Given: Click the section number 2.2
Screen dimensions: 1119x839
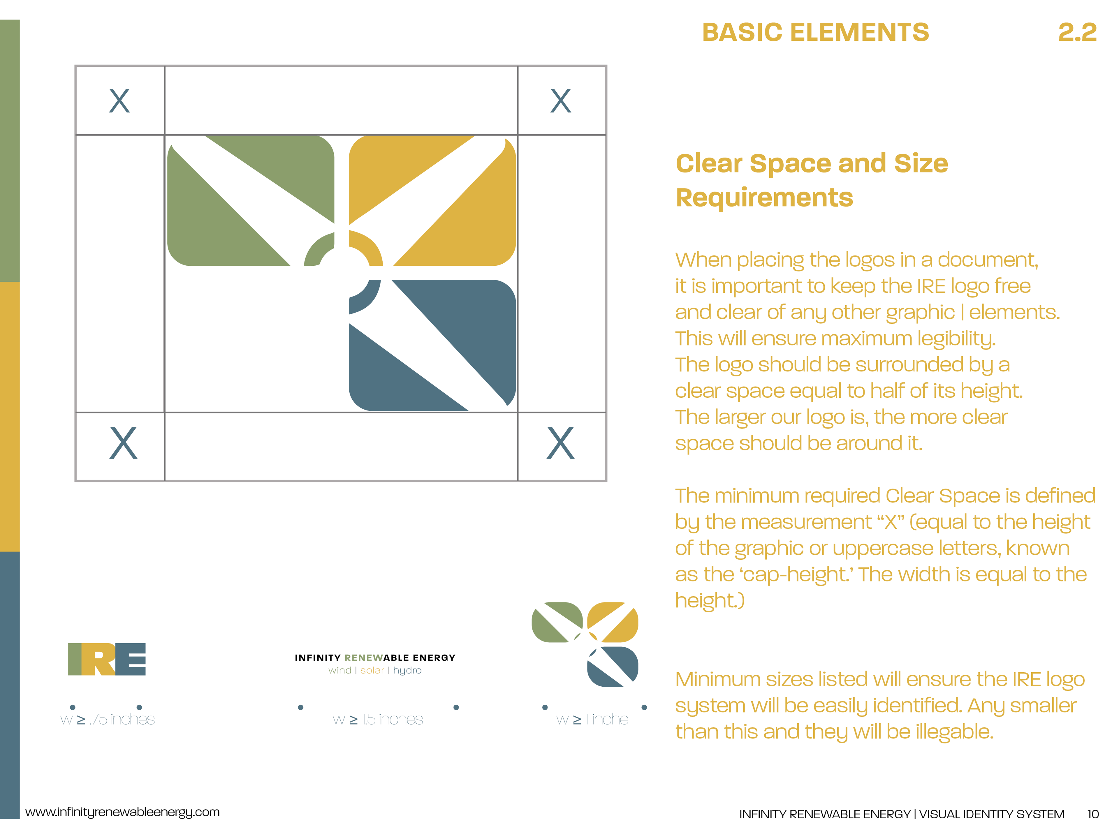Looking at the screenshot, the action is click(x=1078, y=32).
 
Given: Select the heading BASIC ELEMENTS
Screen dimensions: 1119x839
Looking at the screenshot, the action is click(x=815, y=32).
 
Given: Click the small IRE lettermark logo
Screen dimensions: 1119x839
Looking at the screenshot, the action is click(x=107, y=659).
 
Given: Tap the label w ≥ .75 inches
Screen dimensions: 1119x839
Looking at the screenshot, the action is click(x=107, y=719).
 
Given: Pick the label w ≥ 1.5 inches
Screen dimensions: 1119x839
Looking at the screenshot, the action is click(x=378, y=719).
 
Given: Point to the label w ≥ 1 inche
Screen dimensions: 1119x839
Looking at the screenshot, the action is click(x=592, y=719).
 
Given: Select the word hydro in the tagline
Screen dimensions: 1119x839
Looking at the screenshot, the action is click(x=407, y=671).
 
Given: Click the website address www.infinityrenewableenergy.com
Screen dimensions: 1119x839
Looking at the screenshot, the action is click(x=122, y=812).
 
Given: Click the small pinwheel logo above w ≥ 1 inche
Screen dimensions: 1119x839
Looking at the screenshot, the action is click(x=585, y=644).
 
